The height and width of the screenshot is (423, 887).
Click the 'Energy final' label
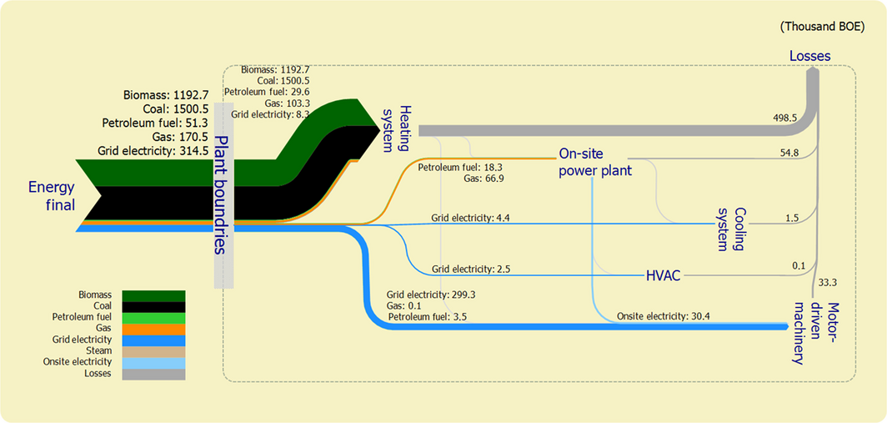coord(52,196)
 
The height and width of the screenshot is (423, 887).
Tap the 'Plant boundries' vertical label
coord(220,194)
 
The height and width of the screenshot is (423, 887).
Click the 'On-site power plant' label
coord(594,162)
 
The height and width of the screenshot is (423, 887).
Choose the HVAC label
coord(664,274)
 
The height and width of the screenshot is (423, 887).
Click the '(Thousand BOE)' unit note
coord(822,27)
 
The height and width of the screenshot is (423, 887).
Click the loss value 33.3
coord(829,282)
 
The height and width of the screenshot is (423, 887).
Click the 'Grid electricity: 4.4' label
coord(470,218)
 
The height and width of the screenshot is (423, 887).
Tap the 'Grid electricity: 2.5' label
coord(471,269)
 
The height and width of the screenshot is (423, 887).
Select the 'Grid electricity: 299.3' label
coord(431,295)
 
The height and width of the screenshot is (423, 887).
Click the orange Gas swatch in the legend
coord(153,329)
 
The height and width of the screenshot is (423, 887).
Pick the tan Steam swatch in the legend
coord(153,351)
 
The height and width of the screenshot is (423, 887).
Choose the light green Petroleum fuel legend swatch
coord(153,318)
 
